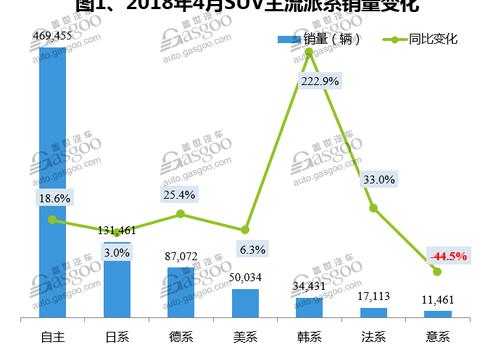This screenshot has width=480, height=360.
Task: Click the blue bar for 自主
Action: pos(53,180)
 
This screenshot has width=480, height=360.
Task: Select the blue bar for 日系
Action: pos(117,280)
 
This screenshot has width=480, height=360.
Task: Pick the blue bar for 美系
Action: pos(245,303)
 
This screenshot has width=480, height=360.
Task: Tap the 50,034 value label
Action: pos(245,278)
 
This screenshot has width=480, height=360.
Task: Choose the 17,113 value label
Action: pos(373,298)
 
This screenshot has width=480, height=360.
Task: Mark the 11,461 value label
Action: pos(437,301)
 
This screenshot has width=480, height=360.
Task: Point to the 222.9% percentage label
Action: pos(309,81)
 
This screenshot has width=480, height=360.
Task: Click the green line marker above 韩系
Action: pos(309,52)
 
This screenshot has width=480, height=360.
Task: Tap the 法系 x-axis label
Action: pos(373,335)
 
